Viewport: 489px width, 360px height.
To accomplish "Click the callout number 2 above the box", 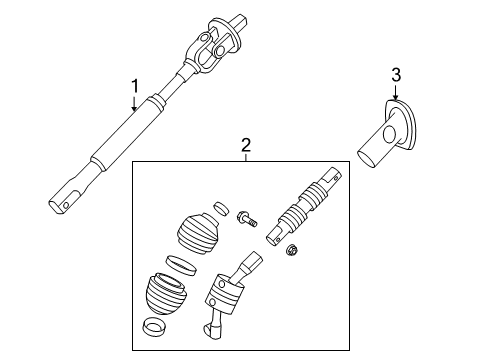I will click(245, 145).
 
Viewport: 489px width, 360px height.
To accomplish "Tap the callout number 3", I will click(395, 74).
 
